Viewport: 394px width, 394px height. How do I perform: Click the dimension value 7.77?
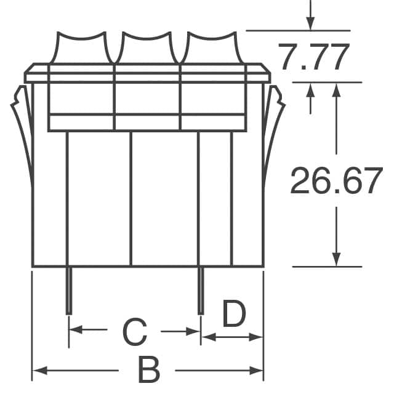click(313, 57)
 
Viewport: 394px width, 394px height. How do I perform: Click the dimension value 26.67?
click(336, 180)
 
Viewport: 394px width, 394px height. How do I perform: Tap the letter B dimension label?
click(149, 370)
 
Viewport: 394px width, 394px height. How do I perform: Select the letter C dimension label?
click(135, 332)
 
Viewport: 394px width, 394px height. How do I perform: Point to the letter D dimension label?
click(234, 313)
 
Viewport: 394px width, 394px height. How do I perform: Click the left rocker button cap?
click(82, 48)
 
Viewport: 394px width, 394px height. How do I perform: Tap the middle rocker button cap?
click(147, 48)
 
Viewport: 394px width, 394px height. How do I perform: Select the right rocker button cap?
click(212, 48)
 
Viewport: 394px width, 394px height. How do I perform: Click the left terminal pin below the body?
click(69, 290)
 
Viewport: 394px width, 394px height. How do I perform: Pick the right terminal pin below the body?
click(201, 290)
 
